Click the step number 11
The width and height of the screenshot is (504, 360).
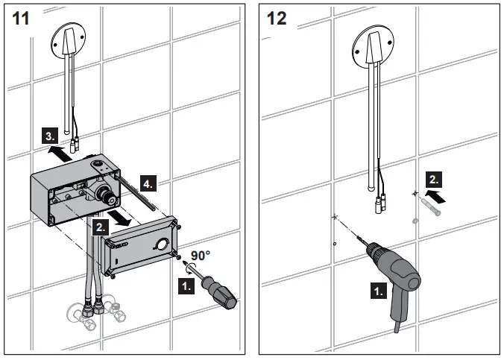pyautogui.click(x=21, y=18)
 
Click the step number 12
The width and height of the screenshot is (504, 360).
pyautogui.click(x=276, y=18)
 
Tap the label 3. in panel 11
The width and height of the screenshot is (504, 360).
pyautogui.click(x=48, y=137)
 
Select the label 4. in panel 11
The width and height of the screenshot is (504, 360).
pyautogui.click(x=150, y=183)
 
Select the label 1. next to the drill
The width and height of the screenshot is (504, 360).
pyautogui.click(x=378, y=291)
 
